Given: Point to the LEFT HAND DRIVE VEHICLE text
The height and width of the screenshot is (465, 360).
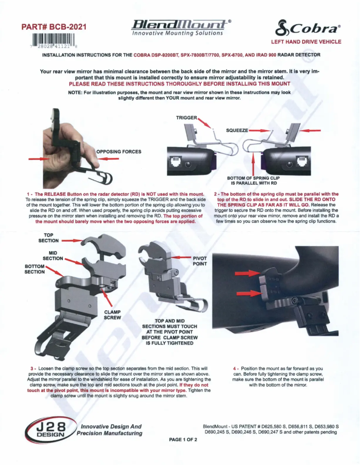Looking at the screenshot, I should pos(306,42).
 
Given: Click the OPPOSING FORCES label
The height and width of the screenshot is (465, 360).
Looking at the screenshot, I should pos(119,152).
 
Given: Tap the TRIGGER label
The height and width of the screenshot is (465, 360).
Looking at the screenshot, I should pos(186,117).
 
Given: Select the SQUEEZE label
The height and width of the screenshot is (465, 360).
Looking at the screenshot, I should pos(237,130).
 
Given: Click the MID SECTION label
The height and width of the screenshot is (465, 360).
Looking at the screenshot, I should pos(53,256).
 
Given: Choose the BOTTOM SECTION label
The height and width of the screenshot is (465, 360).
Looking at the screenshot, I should pos(35,269).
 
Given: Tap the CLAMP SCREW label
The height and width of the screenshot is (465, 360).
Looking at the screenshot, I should pos(113,314).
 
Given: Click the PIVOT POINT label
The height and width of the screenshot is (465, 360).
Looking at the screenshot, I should pos(200,261).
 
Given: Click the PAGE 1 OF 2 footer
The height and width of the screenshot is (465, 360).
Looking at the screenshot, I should pos(183,439).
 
